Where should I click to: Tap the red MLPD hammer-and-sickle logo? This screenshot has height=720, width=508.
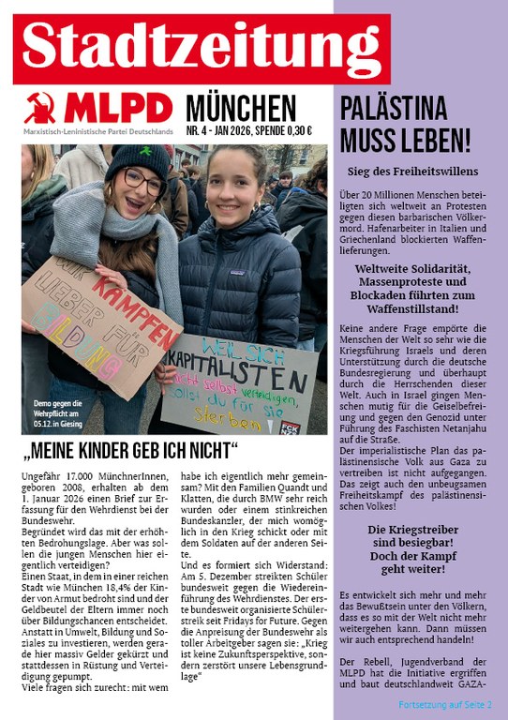coord(38,109)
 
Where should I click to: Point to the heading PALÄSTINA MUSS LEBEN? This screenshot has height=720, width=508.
coord(405,123)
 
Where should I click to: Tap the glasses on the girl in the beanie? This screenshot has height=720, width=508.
coord(142,180)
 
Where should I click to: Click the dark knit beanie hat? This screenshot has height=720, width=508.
coord(136,157)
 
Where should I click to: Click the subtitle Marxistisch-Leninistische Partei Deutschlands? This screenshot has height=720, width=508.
coord(97,132)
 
